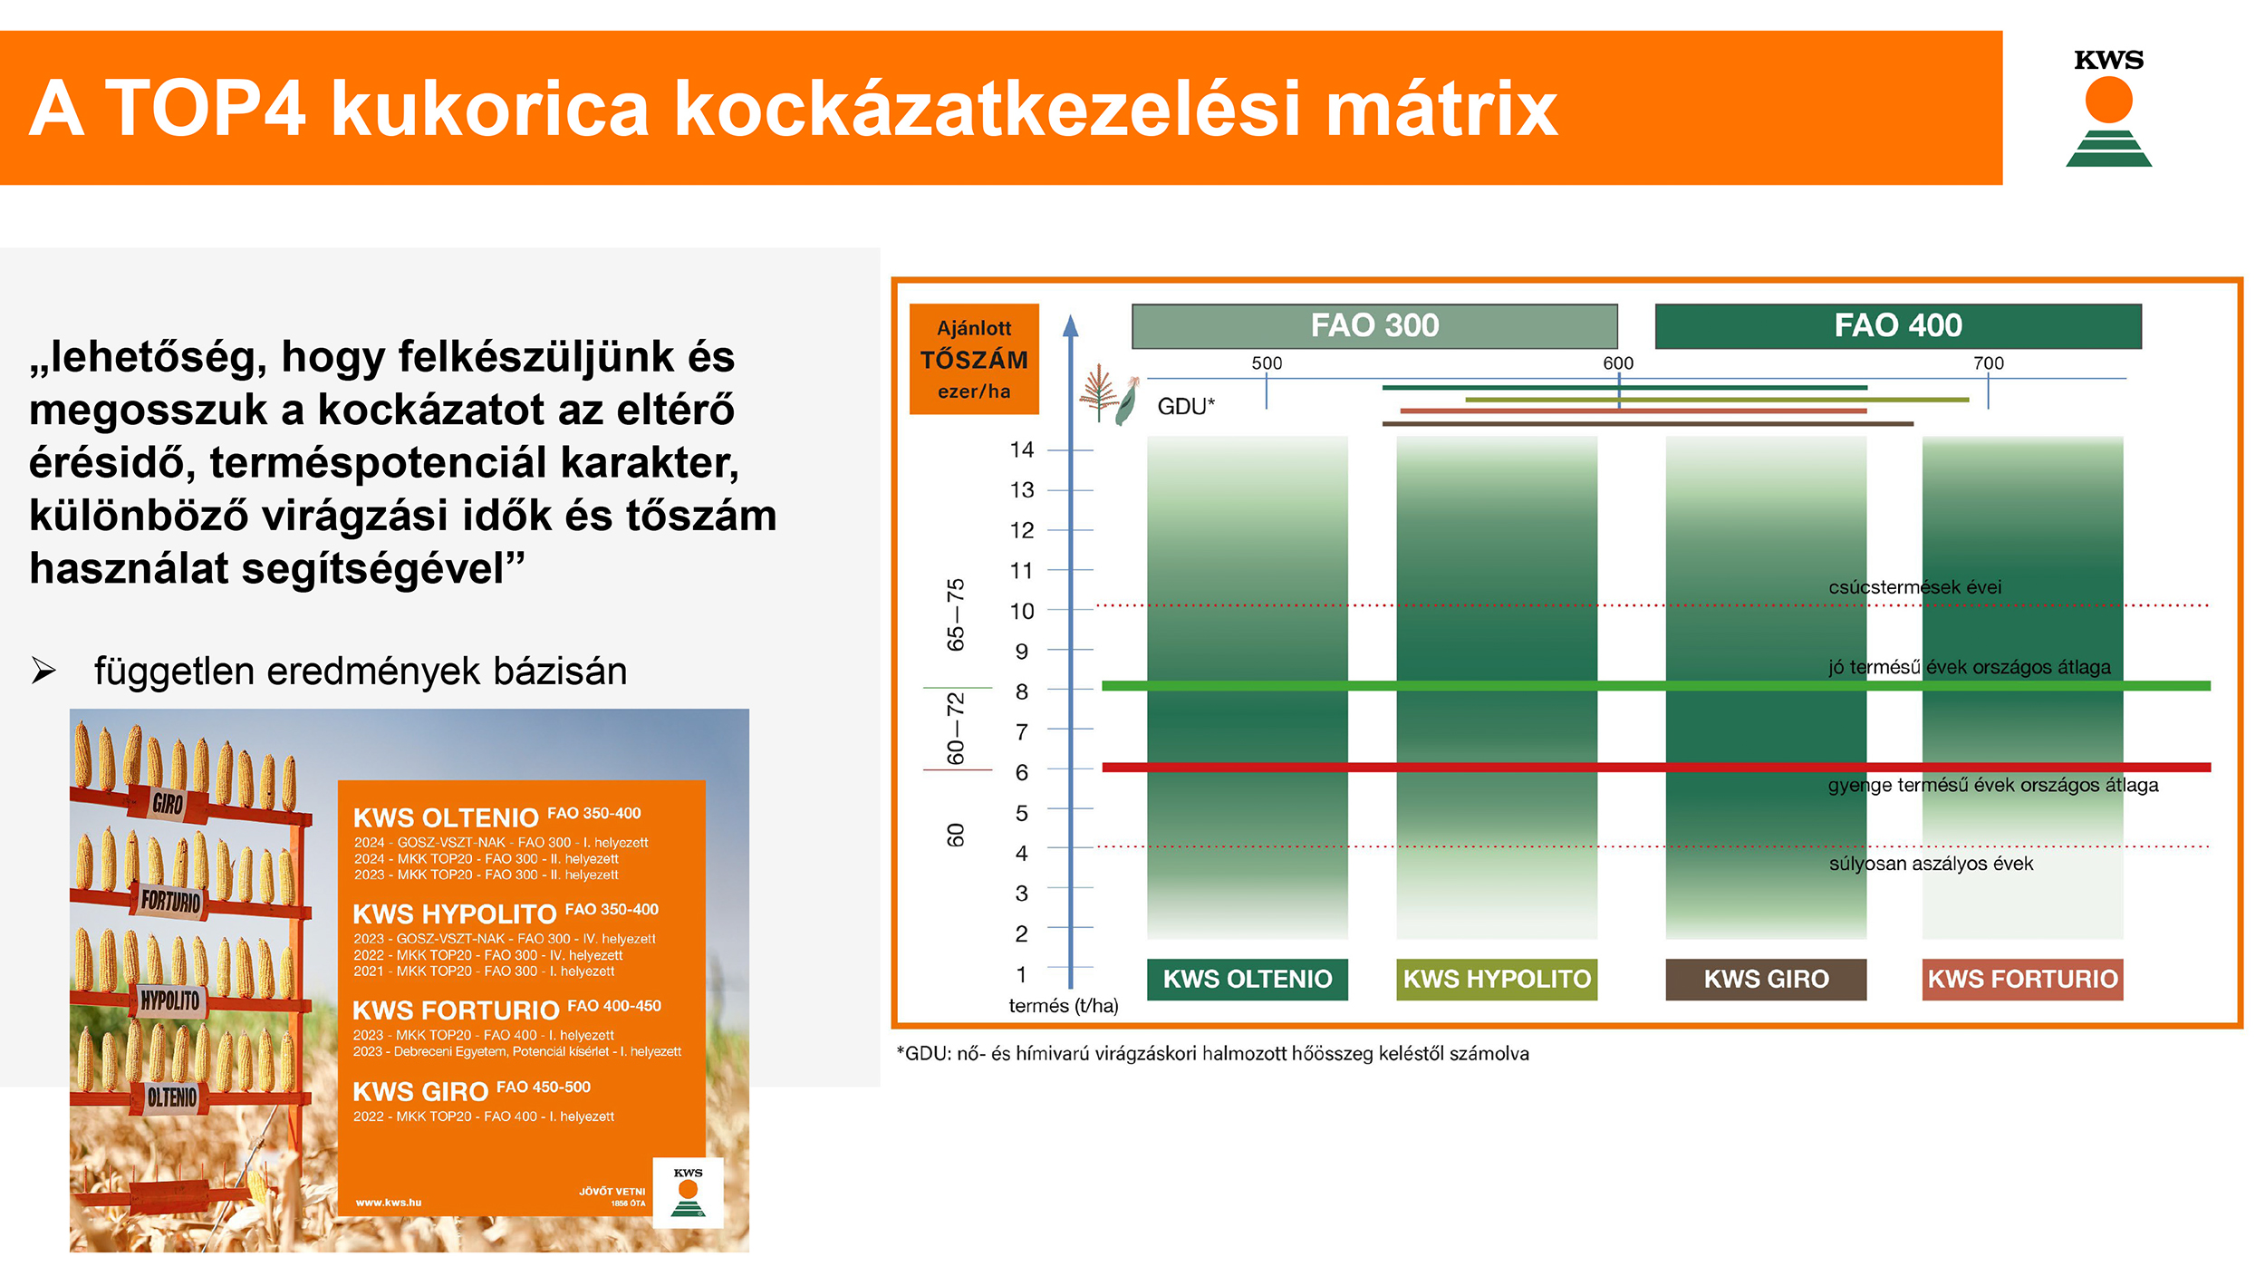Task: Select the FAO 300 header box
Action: coord(1374,326)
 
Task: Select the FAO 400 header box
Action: coord(1898,326)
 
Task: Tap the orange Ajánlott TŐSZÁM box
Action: coord(974,359)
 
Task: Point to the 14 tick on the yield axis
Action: coord(1022,449)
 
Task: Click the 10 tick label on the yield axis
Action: coord(1022,611)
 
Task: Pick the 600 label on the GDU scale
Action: coord(1618,363)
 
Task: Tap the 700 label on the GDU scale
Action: coord(1989,363)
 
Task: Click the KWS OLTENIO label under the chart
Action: coord(1248,980)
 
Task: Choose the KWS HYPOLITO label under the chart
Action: coord(1497,980)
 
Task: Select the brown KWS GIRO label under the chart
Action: coord(1766,980)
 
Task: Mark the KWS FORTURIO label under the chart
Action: coord(2022,980)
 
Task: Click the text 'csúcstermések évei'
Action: coord(1915,587)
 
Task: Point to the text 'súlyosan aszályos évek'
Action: coord(1931,864)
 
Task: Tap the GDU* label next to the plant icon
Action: coord(1186,407)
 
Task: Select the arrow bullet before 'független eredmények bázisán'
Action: coord(43,671)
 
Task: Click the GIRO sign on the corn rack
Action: coord(168,803)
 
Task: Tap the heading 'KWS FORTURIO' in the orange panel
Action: coord(456,1010)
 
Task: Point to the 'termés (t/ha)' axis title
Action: coord(1064,1006)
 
